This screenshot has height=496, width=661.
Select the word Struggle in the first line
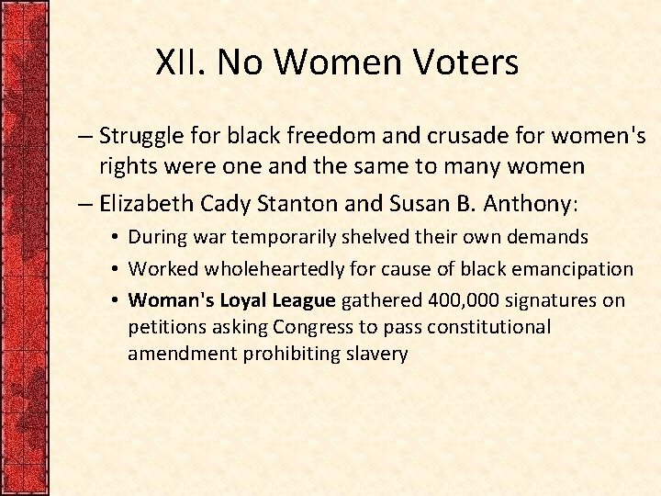coord(139,138)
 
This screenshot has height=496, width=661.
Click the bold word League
coord(305,300)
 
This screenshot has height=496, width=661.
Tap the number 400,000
coord(455,300)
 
